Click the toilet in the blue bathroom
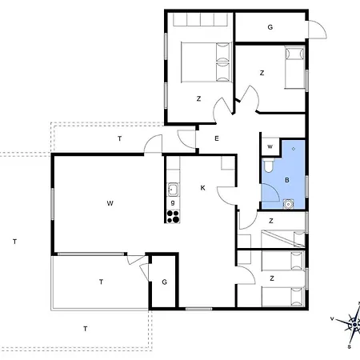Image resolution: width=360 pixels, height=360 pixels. pyautogui.click(x=268, y=165)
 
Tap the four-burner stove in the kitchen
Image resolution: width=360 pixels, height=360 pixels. pyautogui.click(x=173, y=216)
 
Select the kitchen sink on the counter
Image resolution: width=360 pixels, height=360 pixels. pyautogui.click(x=173, y=190)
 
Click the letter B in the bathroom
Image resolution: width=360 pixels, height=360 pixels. pyautogui.click(x=287, y=180)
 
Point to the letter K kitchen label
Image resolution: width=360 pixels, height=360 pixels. pyautogui.click(x=202, y=188)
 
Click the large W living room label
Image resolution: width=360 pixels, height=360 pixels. pyautogui.click(x=110, y=203)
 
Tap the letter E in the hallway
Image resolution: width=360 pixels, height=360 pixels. pyautogui.click(x=217, y=138)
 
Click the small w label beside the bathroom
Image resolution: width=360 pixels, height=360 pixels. pyautogui.click(x=270, y=146)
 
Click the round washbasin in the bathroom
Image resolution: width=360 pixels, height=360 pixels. pyautogui.click(x=288, y=204)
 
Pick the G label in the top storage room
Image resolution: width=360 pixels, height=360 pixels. pyautogui.click(x=270, y=27)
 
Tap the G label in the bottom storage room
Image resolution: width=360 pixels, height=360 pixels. pyautogui.click(x=164, y=282)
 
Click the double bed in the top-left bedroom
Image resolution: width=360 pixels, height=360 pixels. pyautogui.click(x=205, y=62)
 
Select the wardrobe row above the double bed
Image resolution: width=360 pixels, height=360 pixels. pyautogui.click(x=201, y=19)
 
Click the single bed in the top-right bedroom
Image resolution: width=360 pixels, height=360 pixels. pyautogui.click(x=294, y=67)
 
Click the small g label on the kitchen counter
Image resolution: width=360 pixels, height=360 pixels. pyautogui.click(x=173, y=202)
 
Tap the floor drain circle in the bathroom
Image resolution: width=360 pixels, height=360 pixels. pyautogui.click(x=294, y=149)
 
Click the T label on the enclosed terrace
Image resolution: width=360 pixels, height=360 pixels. pyautogui.click(x=101, y=282)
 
